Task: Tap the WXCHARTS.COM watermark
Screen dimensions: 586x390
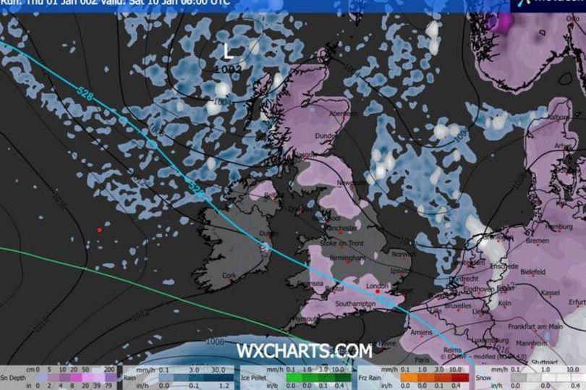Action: [x=304, y=352]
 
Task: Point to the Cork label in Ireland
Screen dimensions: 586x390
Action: [x=230, y=276]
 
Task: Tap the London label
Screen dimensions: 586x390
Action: [x=378, y=287]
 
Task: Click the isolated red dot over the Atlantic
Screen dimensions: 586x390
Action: [x=99, y=230]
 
